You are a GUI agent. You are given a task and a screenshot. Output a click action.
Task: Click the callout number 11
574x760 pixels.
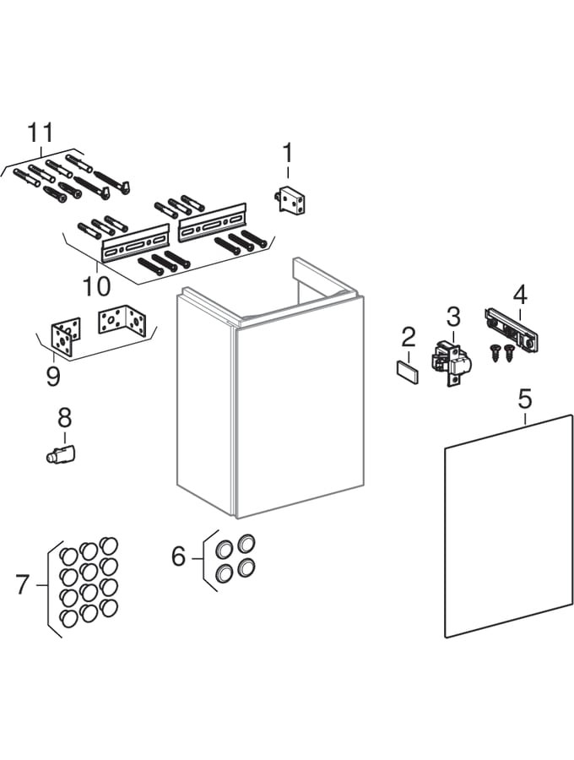[41, 133]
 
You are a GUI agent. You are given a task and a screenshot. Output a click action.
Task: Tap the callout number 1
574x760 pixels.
[287, 153]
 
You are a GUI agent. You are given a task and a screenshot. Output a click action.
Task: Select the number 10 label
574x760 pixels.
[96, 285]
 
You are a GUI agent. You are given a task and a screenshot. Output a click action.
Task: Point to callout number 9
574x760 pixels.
[53, 375]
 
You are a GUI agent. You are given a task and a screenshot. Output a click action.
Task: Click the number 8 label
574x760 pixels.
[64, 417]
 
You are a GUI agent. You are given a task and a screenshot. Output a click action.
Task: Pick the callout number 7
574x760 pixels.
[23, 584]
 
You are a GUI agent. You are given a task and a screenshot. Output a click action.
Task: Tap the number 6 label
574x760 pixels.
[178, 556]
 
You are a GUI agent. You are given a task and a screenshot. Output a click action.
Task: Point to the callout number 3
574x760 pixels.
[453, 317]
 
